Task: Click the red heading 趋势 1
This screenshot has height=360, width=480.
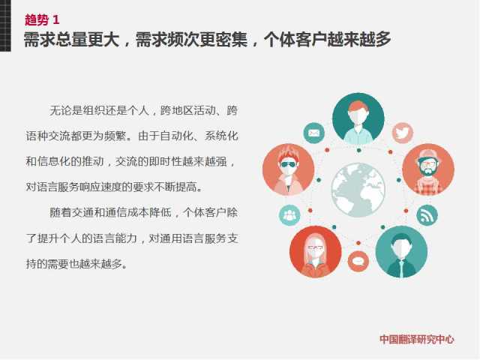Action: (42, 20)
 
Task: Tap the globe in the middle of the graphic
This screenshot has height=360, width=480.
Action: (358, 190)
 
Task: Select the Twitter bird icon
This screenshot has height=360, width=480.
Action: (403, 133)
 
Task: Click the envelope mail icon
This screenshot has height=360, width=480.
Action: (313, 133)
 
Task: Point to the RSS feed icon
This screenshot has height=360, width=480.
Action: (427, 215)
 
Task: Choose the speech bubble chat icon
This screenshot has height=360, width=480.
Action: (358, 261)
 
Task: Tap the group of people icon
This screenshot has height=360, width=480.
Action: (289, 215)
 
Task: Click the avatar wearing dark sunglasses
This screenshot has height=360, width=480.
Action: (289, 169)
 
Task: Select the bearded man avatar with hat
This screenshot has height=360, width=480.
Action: (428, 169)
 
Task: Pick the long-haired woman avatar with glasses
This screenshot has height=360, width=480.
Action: (316, 252)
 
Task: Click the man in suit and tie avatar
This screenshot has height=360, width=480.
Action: (401, 252)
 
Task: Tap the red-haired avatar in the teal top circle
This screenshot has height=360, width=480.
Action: (358, 119)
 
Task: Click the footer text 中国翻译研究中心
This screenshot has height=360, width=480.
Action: (417, 339)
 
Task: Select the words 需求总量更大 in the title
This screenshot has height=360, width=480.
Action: (71, 40)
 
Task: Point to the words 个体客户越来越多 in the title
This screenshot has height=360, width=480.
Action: (327, 40)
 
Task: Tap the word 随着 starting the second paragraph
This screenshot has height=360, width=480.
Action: (61, 212)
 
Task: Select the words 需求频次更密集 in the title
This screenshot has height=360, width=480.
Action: (191, 40)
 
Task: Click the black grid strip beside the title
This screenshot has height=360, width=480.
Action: (5, 25)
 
